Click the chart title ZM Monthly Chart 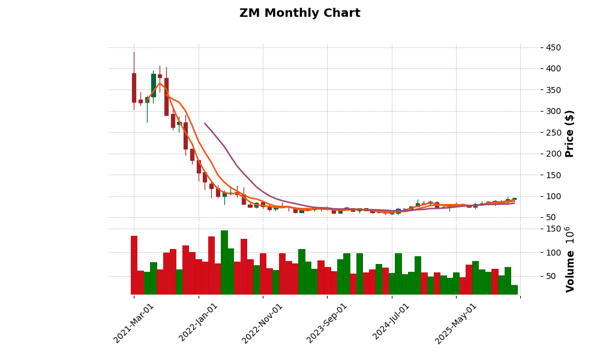tap(299, 13)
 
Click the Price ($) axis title tap(570, 133)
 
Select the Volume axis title tap(570, 259)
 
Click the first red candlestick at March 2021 tap(134, 88)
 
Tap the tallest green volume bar tap(224, 263)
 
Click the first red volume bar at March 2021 tap(134, 265)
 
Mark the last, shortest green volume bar tap(514, 290)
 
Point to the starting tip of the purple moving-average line tap(205, 124)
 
